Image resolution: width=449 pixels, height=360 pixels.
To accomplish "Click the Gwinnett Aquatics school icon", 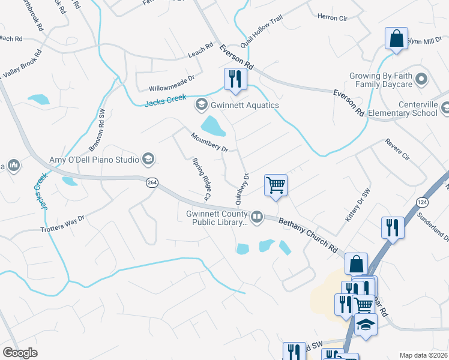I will [x=200, y=106].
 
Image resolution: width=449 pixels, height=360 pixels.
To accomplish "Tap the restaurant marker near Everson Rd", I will [x=233, y=79].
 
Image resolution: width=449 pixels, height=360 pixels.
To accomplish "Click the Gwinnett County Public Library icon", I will [x=257, y=216].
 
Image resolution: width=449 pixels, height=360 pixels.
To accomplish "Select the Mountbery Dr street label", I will [x=209, y=142].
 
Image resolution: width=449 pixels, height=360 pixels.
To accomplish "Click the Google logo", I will [x=20, y=353].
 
